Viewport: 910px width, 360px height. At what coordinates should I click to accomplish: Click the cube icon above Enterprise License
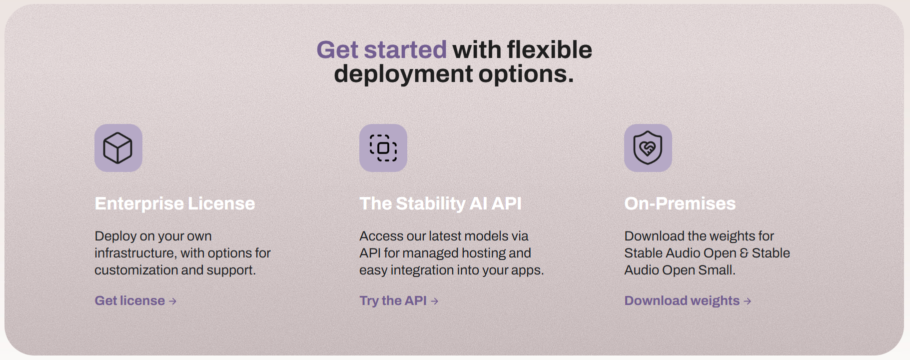click(118, 148)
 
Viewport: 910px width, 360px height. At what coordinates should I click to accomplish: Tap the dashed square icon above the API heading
click(383, 148)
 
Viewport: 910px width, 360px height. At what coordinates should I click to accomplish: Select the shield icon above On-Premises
click(648, 148)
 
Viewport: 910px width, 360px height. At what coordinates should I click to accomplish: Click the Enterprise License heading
click(175, 203)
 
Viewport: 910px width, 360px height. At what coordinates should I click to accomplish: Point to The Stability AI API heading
click(440, 203)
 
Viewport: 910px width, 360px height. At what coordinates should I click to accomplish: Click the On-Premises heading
click(680, 203)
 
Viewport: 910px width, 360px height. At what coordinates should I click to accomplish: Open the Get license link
click(135, 300)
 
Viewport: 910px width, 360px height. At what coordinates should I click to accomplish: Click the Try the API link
click(399, 300)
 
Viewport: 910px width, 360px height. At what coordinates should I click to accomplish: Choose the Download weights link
click(688, 300)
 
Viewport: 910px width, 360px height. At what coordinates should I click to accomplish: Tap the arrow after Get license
click(173, 301)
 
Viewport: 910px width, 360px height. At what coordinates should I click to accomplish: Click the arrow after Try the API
click(435, 301)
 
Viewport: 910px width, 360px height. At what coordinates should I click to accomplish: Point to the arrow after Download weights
click(748, 301)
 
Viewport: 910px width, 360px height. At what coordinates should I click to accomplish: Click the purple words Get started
click(381, 50)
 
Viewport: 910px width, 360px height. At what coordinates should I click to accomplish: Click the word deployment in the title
click(403, 74)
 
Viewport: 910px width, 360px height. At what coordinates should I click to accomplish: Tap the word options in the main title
click(523, 74)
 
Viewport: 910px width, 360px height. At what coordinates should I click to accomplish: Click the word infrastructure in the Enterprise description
click(135, 253)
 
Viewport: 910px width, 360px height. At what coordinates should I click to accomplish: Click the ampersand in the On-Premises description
click(744, 253)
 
